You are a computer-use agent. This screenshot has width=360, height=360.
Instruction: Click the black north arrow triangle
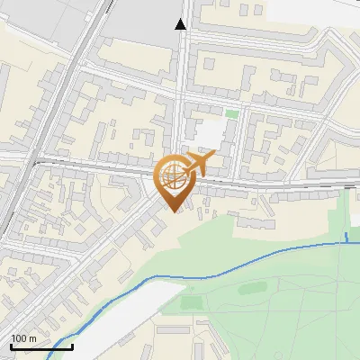point(181,23)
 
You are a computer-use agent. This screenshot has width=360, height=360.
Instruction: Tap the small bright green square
point(232,113)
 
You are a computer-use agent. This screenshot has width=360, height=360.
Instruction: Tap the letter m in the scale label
point(33,338)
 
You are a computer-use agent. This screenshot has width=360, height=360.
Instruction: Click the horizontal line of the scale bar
point(40,346)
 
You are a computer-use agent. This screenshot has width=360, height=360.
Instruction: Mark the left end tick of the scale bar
point(10,345)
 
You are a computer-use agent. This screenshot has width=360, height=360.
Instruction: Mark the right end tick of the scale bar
point(72,345)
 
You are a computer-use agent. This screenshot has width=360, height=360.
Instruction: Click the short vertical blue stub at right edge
point(346,238)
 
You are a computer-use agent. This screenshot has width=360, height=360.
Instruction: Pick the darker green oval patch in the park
point(253,289)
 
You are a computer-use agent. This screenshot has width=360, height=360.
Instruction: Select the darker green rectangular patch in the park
point(192,302)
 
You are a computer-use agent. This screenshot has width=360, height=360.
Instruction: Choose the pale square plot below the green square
point(208,134)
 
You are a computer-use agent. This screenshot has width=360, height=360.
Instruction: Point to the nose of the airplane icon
point(213,157)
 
